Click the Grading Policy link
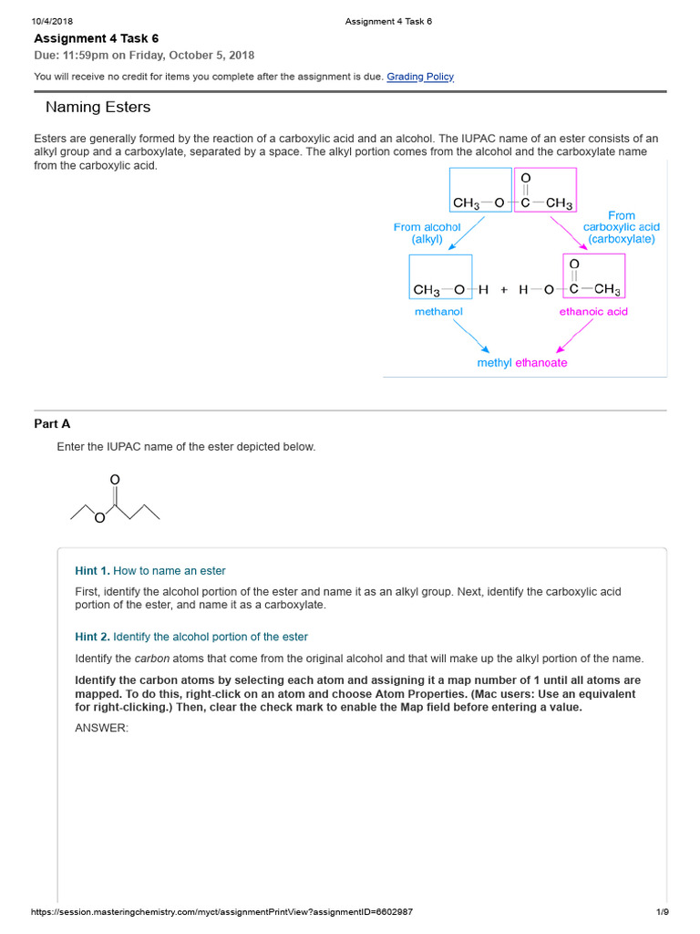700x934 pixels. (x=420, y=77)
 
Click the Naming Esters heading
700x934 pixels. (x=98, y=108)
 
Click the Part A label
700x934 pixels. (x=52, y=423)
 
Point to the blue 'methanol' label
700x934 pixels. (x=438, y=312)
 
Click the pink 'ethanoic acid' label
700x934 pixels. (x=593, y=312)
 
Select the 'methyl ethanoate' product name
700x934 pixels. (x=522, y=363)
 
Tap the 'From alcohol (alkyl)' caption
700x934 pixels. (x=427, y=233)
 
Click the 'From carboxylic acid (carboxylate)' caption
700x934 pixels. (x=622, y=227)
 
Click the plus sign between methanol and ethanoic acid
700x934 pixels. (x=503, y=290)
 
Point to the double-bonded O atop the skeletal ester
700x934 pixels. (x=114, y=479)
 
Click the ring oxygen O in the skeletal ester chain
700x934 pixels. (x=99, y=519)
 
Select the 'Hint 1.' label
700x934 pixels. (x=92, y=571)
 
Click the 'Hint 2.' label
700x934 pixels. (x=92, y=637)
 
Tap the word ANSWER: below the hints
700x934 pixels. (x=101, y=728)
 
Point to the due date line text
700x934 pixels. (x=144, y=56)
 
